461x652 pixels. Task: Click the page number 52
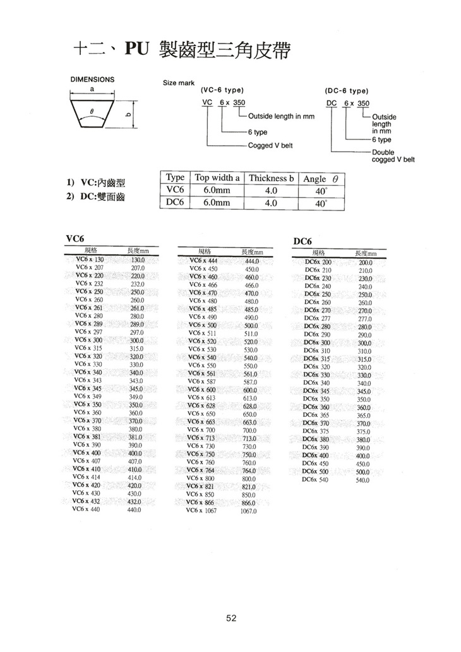230,618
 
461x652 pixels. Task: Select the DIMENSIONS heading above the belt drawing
92,80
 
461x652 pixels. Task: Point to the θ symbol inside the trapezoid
92,110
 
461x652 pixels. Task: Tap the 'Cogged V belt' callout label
270,145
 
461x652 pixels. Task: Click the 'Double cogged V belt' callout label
393,155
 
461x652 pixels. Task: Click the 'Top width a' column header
217,178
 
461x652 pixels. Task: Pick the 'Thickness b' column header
271,178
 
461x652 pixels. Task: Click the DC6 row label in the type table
174,203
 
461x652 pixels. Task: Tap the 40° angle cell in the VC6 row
321,191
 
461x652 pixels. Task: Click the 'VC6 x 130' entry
89,260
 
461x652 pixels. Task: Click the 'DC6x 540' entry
317,480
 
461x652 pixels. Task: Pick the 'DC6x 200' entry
318,262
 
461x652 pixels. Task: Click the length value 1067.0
250,511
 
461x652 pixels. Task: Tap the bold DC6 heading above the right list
303,241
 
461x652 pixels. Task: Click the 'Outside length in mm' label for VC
281,116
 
